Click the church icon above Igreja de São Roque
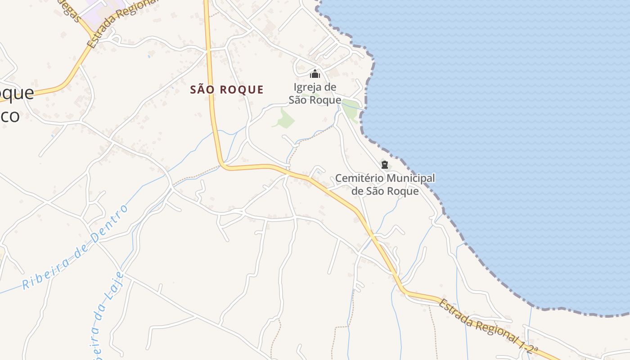pos(315,74)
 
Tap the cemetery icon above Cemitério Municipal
pos(384,165)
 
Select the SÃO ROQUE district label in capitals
pos(227,90)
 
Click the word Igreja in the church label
pos(308,87)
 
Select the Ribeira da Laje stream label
pos(107,315)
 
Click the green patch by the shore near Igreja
pos(352,109)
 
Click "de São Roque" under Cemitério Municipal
pos(385,191)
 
